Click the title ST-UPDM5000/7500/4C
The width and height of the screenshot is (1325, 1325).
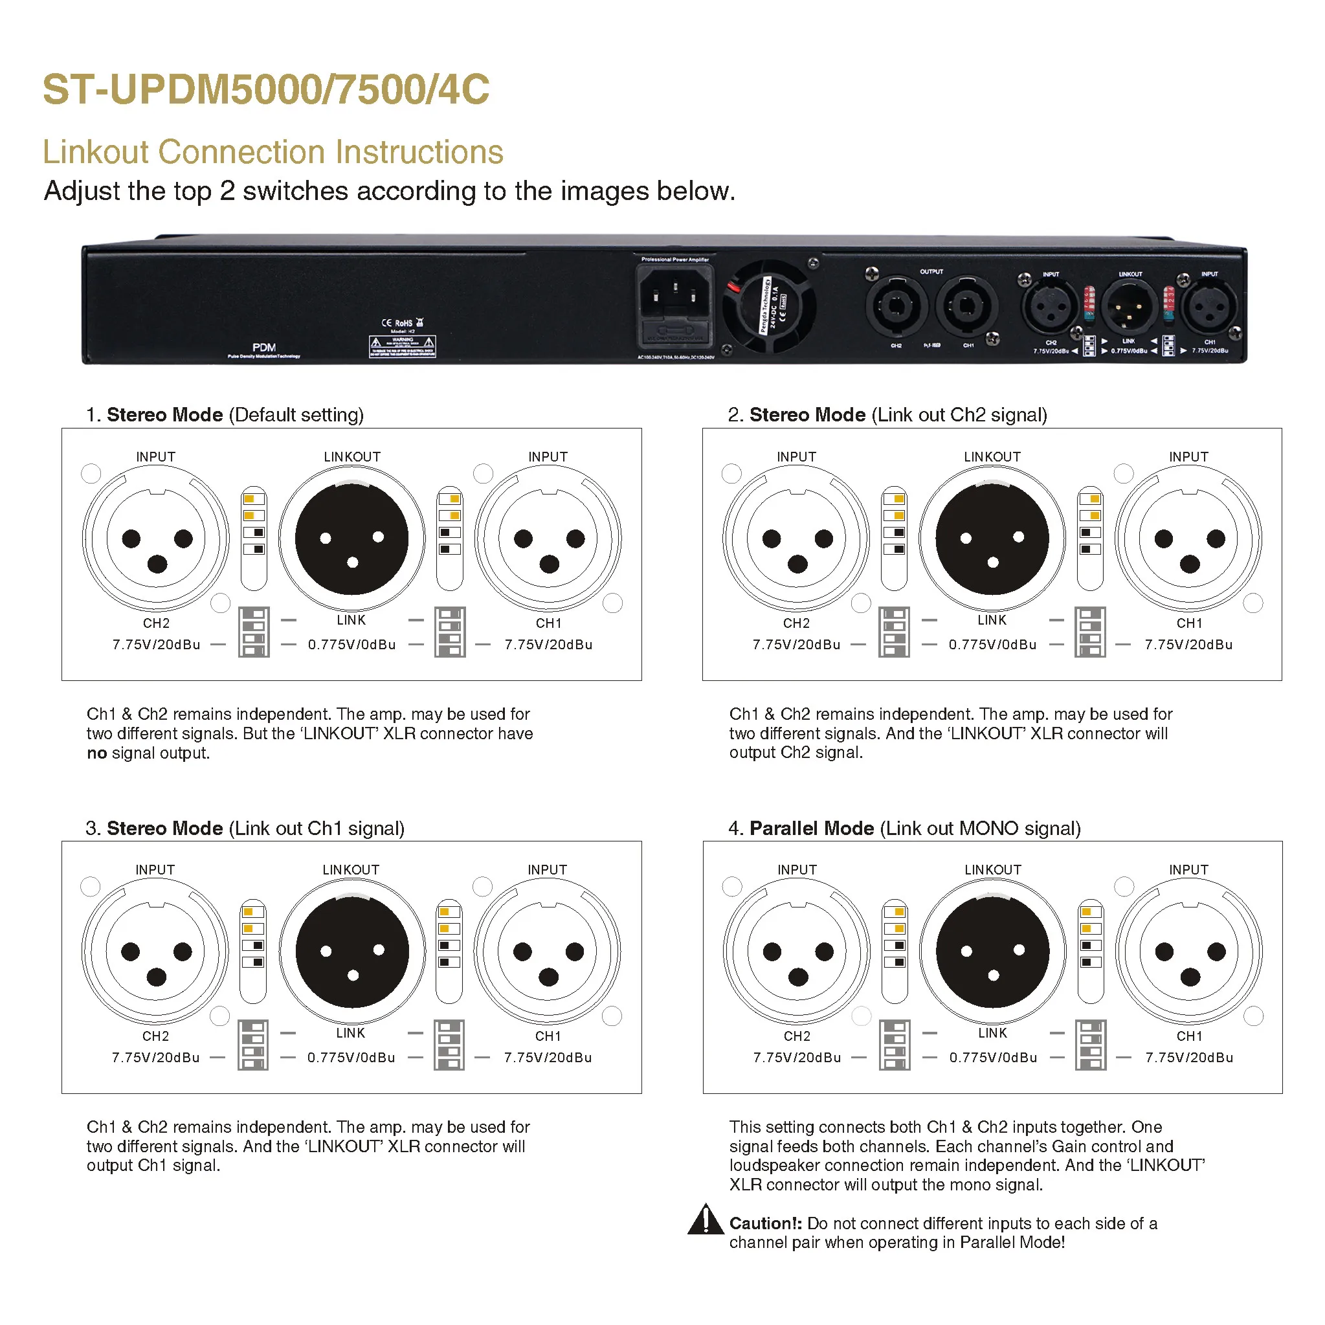(x=266, y=90)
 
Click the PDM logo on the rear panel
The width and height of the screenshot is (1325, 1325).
(x=264, y=348)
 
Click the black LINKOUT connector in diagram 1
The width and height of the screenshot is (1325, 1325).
(x=352, y=539)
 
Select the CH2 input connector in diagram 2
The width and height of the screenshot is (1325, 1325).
(x=796, y=539)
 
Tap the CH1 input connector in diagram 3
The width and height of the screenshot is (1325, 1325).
(x=548, y=952)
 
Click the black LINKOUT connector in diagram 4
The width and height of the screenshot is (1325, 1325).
(x=992, y=952)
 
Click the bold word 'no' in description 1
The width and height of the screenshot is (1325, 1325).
(x=96, y=753)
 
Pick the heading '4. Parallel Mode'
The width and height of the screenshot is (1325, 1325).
(x=801, y=829)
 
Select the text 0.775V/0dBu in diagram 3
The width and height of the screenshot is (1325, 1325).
(x=351, y=1058)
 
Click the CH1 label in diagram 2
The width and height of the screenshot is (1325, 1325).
(x=1189, y=623)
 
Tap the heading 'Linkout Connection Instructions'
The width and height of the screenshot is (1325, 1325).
(x=273, y=152)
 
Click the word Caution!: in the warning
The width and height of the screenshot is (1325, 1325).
(x=765, y=1223)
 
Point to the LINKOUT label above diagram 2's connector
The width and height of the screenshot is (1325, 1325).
(x=992, y=457)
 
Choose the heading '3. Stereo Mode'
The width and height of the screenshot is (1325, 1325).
(x=154, y=829)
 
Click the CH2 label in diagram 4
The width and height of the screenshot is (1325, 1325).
(x=797, y=1036)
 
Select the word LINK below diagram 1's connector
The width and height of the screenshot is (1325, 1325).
(x=351, y=620)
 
